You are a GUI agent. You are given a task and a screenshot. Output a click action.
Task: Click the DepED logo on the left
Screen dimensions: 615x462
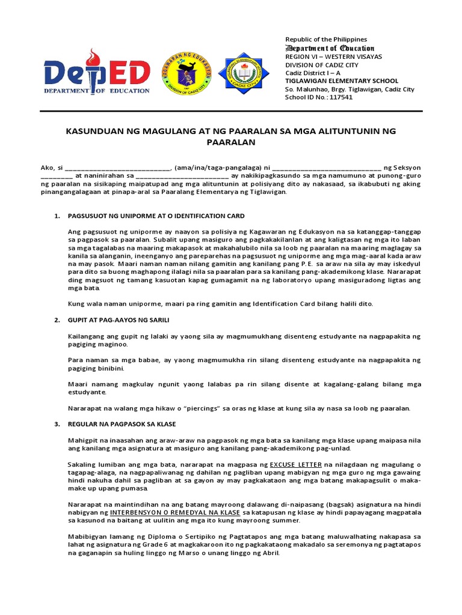(97, 71)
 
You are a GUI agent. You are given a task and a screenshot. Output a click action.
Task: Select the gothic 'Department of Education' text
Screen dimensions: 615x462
(330, 48)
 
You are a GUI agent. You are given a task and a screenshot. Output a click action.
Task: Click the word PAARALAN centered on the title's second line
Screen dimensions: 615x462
(231, 143)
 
